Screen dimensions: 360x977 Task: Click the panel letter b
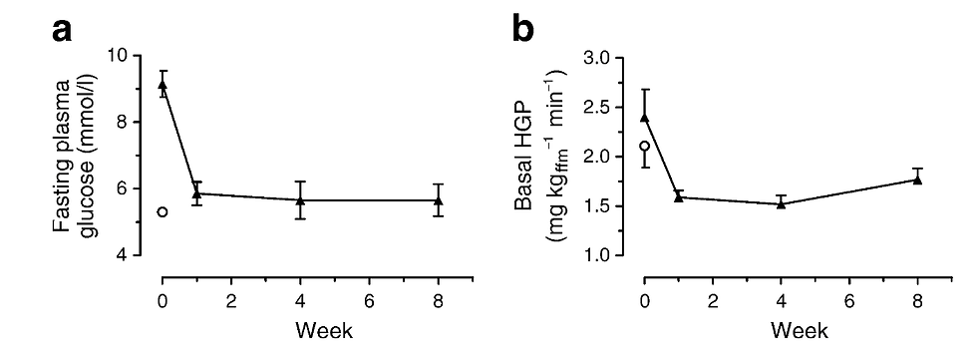pos(523,30)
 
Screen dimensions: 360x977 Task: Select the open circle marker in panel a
pos(163,211)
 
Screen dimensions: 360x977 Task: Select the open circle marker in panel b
pos(644,146)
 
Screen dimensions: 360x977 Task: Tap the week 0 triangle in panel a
pos(163,85)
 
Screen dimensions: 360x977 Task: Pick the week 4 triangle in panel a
pos(300,200)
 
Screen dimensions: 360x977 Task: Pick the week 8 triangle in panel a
pos(438,200)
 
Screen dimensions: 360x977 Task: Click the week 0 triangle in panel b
pos(644,117)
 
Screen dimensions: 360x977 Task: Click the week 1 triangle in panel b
pos(679,197)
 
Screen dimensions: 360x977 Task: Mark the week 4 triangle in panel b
pos(782,203)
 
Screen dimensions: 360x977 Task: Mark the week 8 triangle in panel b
pos(918,180)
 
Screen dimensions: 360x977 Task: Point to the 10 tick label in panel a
pos(129,56)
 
